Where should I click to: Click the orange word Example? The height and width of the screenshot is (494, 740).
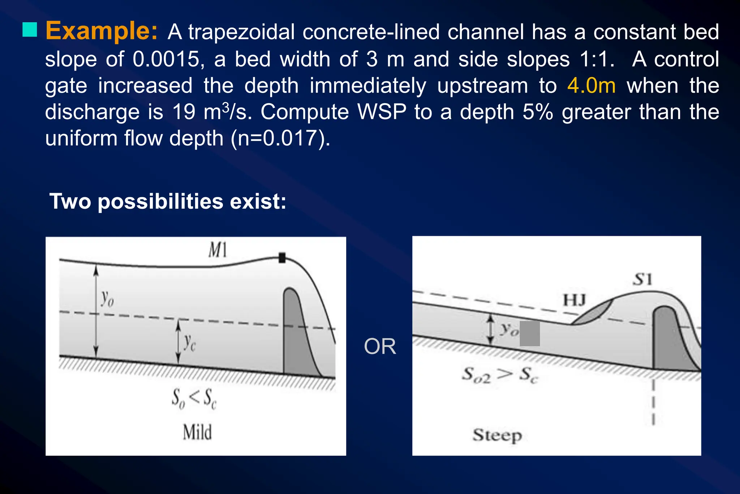101,31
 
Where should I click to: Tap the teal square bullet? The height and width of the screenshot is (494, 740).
30,30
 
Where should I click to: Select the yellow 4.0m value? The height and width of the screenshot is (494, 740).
591,86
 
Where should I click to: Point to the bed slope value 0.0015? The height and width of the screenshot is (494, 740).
166,59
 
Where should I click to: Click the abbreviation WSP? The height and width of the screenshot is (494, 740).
382,112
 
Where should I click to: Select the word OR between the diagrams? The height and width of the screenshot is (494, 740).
380,346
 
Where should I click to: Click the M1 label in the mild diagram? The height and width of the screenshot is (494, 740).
218,250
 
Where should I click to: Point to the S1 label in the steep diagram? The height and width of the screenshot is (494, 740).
643,280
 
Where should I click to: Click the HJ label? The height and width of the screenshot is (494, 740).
575,300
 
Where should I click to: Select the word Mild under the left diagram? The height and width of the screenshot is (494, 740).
197,432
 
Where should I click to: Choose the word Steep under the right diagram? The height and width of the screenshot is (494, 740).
497,435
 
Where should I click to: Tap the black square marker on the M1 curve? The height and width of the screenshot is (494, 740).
282,258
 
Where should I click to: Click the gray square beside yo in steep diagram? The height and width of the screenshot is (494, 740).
530,334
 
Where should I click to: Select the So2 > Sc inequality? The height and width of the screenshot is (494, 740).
500,375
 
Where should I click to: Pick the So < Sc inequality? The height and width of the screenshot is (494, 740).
194,398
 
